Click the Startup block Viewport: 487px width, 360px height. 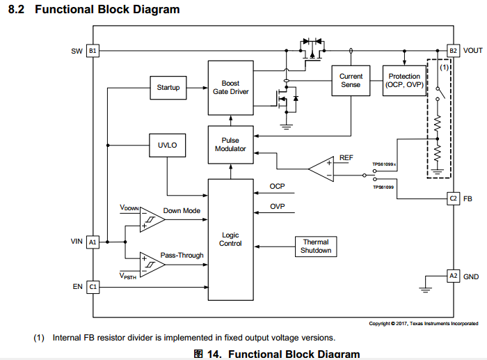coord(168,88)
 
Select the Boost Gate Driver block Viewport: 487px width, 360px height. coord(230,88)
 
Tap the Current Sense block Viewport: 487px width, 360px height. coord(351,81)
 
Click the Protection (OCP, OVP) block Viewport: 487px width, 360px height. coord(404,81)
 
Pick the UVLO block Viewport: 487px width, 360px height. coord(168,145)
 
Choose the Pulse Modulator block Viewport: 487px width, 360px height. coord(230,145)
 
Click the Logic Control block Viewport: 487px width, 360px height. coord(230,239)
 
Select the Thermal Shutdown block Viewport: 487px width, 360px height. coord(315,246)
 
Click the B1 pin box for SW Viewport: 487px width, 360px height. coord(93,51)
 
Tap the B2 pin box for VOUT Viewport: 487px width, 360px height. coord(453,51)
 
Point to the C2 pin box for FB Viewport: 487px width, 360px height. coord(453,198)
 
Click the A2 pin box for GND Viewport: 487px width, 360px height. coord(453,276)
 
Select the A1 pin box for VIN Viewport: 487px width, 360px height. coord(93,242)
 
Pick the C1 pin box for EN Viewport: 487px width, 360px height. coord(93,286)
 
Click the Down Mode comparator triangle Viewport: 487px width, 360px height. coord(150,219)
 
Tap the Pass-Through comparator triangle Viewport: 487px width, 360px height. coord(150,263)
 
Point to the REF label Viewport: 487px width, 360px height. coord(346,158)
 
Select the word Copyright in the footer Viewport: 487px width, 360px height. coord(381,323)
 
